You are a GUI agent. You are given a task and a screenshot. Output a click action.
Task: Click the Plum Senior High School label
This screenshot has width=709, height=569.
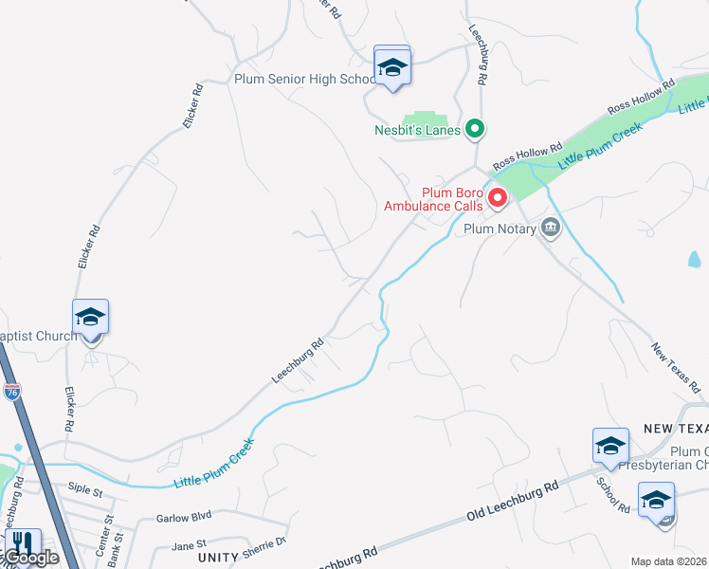305,79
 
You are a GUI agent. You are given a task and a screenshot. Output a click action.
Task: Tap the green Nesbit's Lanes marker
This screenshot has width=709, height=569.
475,129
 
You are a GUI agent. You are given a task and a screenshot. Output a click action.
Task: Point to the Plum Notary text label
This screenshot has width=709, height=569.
500,229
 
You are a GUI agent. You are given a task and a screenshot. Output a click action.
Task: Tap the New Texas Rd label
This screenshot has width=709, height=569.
675,368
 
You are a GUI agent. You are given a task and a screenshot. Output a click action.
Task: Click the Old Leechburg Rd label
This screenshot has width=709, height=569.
513,504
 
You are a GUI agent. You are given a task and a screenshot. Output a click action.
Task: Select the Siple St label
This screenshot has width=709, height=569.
85,490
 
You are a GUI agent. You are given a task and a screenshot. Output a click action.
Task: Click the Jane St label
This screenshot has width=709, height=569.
190,544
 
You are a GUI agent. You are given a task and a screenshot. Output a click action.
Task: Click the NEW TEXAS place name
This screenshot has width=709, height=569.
676,429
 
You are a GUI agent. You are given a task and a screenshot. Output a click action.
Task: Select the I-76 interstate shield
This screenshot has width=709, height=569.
12,392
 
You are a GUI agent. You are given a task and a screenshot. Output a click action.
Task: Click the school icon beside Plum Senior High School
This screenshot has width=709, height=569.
391,66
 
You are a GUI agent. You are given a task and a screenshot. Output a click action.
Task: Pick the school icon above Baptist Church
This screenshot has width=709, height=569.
90,317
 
